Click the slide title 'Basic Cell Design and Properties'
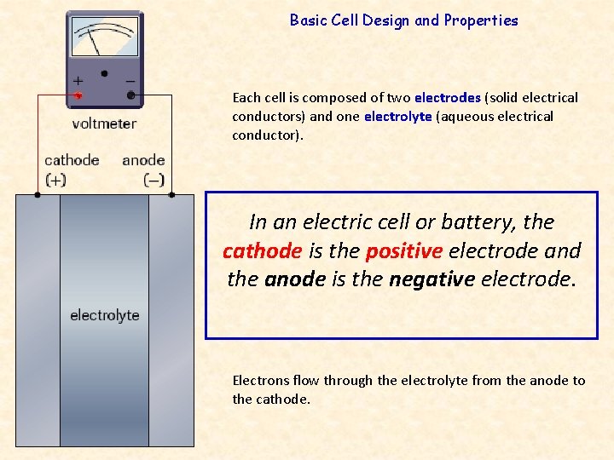pos(403,20)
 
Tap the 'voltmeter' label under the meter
pos(104,124)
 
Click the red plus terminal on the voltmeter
pos(78,95)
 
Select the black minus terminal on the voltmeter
pos(130,95)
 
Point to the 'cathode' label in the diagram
pos(72,160)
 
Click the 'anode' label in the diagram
pos(143,160)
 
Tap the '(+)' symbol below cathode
pos(55,180)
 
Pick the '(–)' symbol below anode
pos(154,180)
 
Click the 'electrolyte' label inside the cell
pos(104,315)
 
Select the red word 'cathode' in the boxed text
pos(262,251)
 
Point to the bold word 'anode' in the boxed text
pos(295,279)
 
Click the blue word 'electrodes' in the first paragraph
pos(447,98)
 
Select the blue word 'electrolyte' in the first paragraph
pos(397,116)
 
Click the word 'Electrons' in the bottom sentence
pos(262,381)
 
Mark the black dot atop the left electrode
pos(37,194)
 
